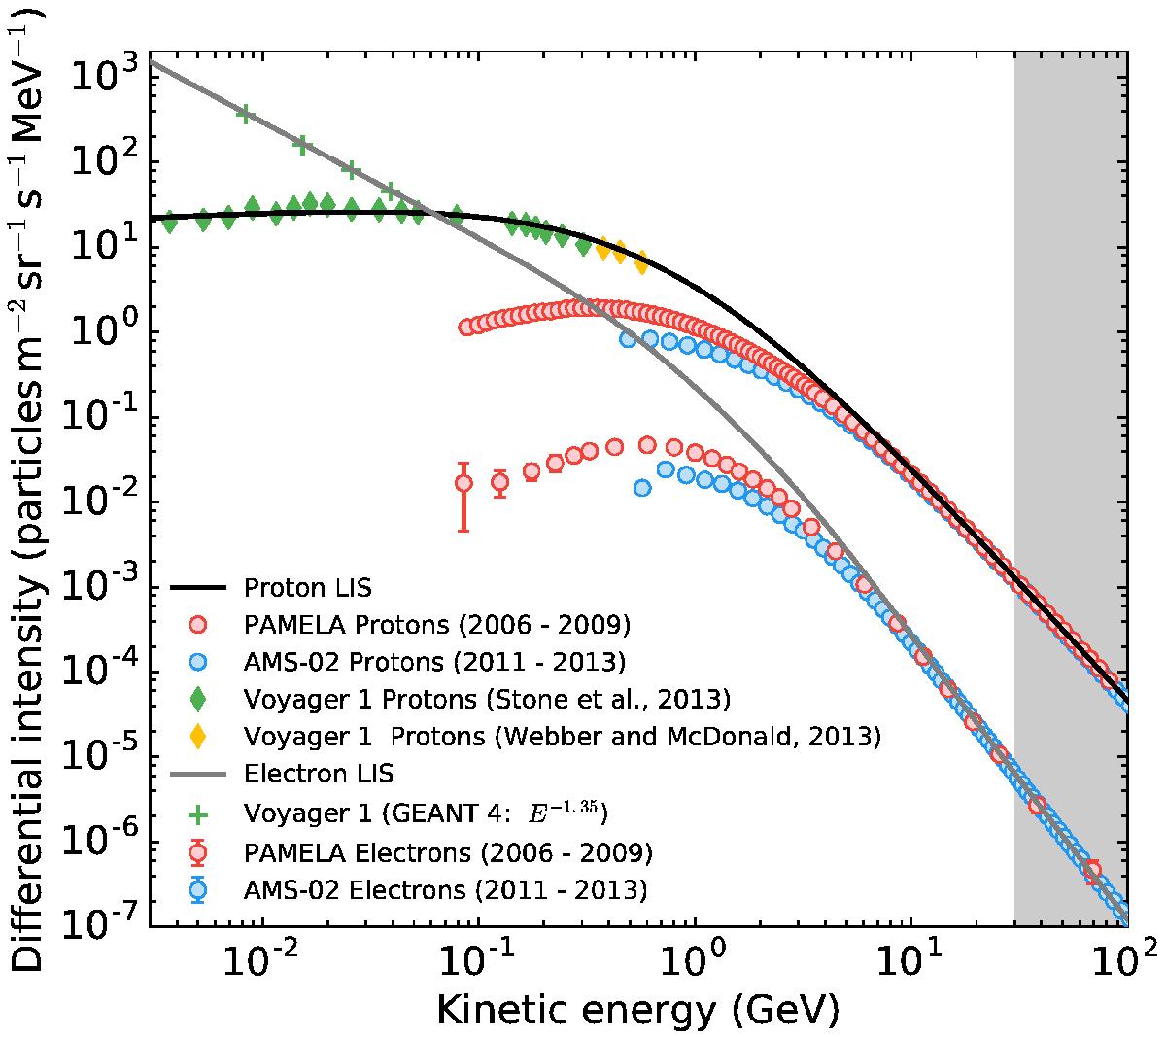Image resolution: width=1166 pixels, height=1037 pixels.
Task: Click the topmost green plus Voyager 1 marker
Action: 245,114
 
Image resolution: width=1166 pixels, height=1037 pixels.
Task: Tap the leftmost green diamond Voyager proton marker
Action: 170,222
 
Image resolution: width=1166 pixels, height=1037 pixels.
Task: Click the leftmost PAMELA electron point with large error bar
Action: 464,482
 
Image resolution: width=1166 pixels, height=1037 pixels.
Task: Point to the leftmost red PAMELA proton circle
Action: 466,327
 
